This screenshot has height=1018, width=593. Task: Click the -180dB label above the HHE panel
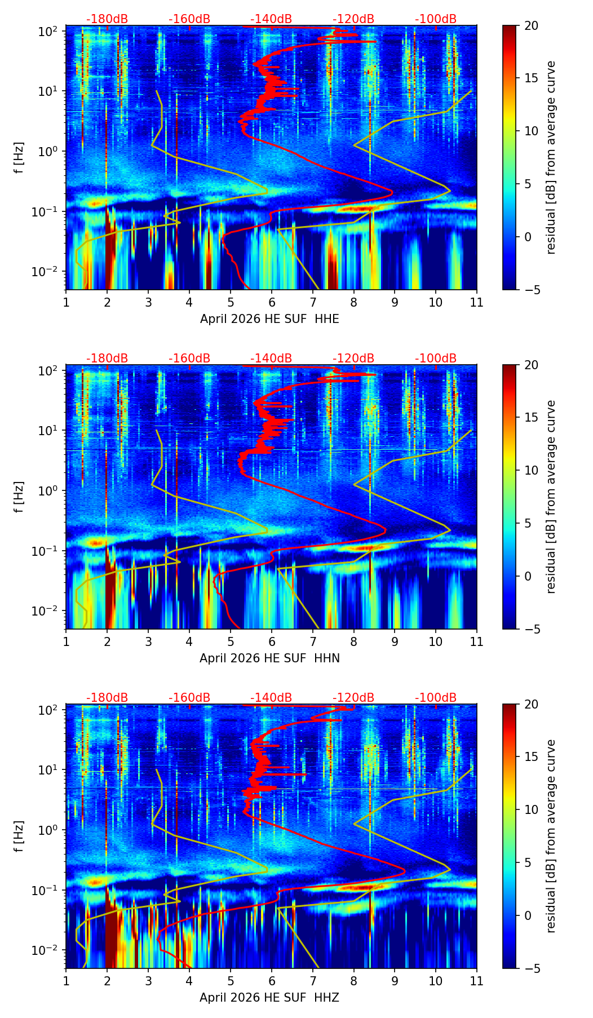point(107,19)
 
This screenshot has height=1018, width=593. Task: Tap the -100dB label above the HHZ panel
point(436,698)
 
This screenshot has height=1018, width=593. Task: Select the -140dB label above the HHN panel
point(271,358)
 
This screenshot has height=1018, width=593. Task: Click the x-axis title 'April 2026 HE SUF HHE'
point(269,319)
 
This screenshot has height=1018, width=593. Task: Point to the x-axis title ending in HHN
point(269,658)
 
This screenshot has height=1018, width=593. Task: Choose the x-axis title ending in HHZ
point(269,998)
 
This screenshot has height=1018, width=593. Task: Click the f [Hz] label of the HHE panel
point(19,158)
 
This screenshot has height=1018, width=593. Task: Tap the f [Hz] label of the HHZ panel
point(19,836)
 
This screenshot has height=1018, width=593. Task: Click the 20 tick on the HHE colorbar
point(531,25)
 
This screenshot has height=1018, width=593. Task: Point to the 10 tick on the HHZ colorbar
point(531,810)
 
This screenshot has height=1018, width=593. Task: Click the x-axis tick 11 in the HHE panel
point(477,302)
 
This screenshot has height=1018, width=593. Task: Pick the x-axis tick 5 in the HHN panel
point(231,641)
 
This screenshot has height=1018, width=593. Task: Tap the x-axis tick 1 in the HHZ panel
point(66,981)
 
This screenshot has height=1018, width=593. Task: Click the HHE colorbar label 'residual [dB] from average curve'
point(551,158)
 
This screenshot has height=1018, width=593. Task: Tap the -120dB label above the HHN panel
point(353,358)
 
